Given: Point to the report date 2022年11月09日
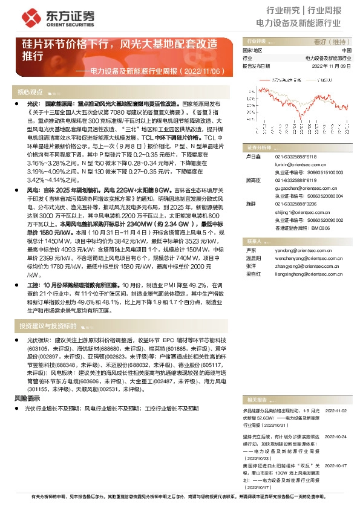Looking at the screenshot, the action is pyautogui.click(x=332, y=66).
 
